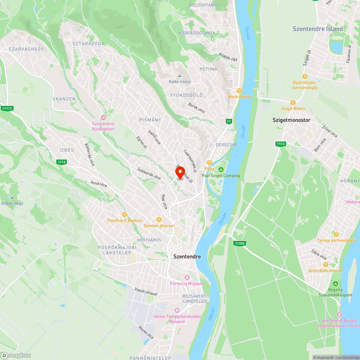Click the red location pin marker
pos(180,172)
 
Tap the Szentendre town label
pos(187,257)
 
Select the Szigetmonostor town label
pos(291,120)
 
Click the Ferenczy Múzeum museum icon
pos(187,278)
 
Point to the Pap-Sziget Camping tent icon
pos(221,170)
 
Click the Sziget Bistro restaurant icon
pos(293,103)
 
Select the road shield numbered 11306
pos(239,243)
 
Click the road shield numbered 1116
pos(61,162)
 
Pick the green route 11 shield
pos(229,121)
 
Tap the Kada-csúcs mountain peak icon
pos(180,76)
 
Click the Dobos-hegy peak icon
pos(12,197)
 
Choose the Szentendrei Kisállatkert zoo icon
pos(103,118)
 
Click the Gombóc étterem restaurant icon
pos(159,220)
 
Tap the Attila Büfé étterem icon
pos(326,265)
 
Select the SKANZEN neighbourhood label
pos(64,99)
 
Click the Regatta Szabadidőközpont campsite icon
pos(336,284)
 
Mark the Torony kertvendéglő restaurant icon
pos(336,234)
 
